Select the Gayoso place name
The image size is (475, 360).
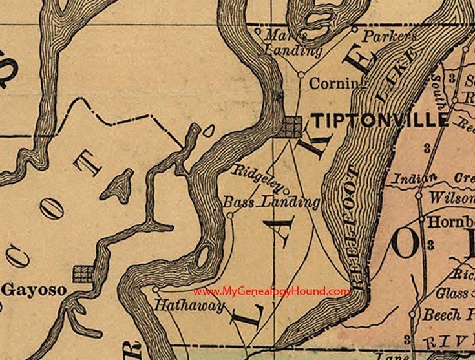point(34,290)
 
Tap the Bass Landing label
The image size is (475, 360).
point(271,202)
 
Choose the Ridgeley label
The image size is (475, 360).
point(257,178)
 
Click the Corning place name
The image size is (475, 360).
point(333,83)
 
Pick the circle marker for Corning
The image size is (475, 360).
point(301,75)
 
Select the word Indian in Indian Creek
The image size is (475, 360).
point(412,177)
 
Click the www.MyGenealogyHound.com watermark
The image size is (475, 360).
point(271,291)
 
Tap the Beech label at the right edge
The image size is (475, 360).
point(448,315)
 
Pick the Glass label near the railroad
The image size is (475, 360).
point(451,293)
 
